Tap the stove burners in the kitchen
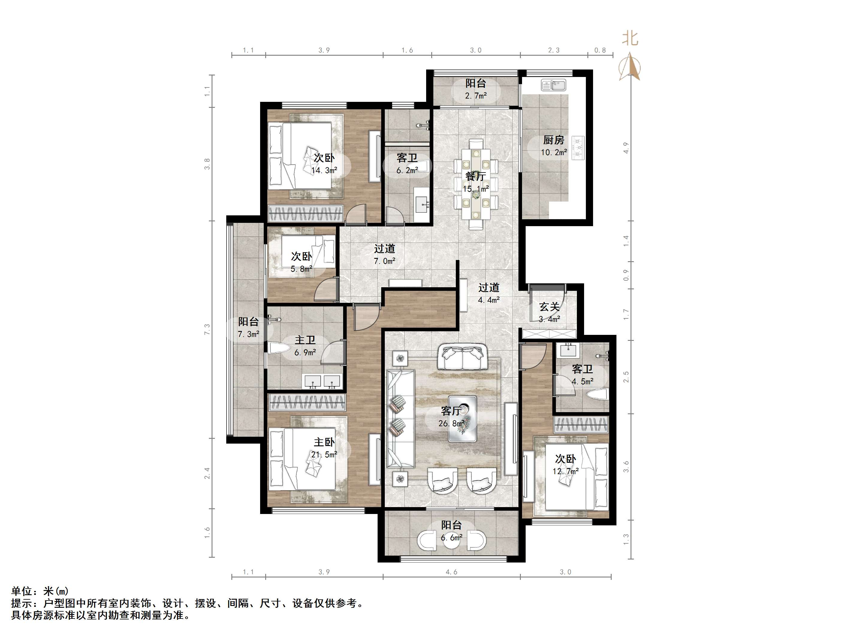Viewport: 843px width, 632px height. (578, 147)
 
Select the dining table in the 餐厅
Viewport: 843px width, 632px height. (476, 184)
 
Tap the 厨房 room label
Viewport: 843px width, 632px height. (554, 140)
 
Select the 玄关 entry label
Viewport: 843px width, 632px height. (550, 307)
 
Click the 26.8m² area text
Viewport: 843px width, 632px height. (452, 423)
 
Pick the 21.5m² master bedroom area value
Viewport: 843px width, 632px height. (324, 454)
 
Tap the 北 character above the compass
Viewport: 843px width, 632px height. (630, 38)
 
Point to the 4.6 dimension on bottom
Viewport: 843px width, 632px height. (451, 572)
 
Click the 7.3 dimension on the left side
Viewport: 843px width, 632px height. (207, 329)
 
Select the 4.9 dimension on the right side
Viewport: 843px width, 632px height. (626, 148)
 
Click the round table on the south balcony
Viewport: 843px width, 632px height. (452, 541)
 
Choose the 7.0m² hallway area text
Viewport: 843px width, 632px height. (384, 261)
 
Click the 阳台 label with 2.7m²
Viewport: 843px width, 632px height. (476, 84)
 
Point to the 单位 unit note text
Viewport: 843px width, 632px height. (21, 591)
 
